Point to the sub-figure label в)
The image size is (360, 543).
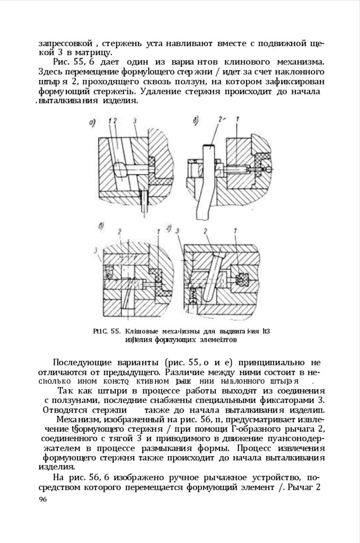[x=102, y=226]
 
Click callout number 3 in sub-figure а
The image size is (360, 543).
[x=136, y=121]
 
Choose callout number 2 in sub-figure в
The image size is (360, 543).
[x=120, y=231]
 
